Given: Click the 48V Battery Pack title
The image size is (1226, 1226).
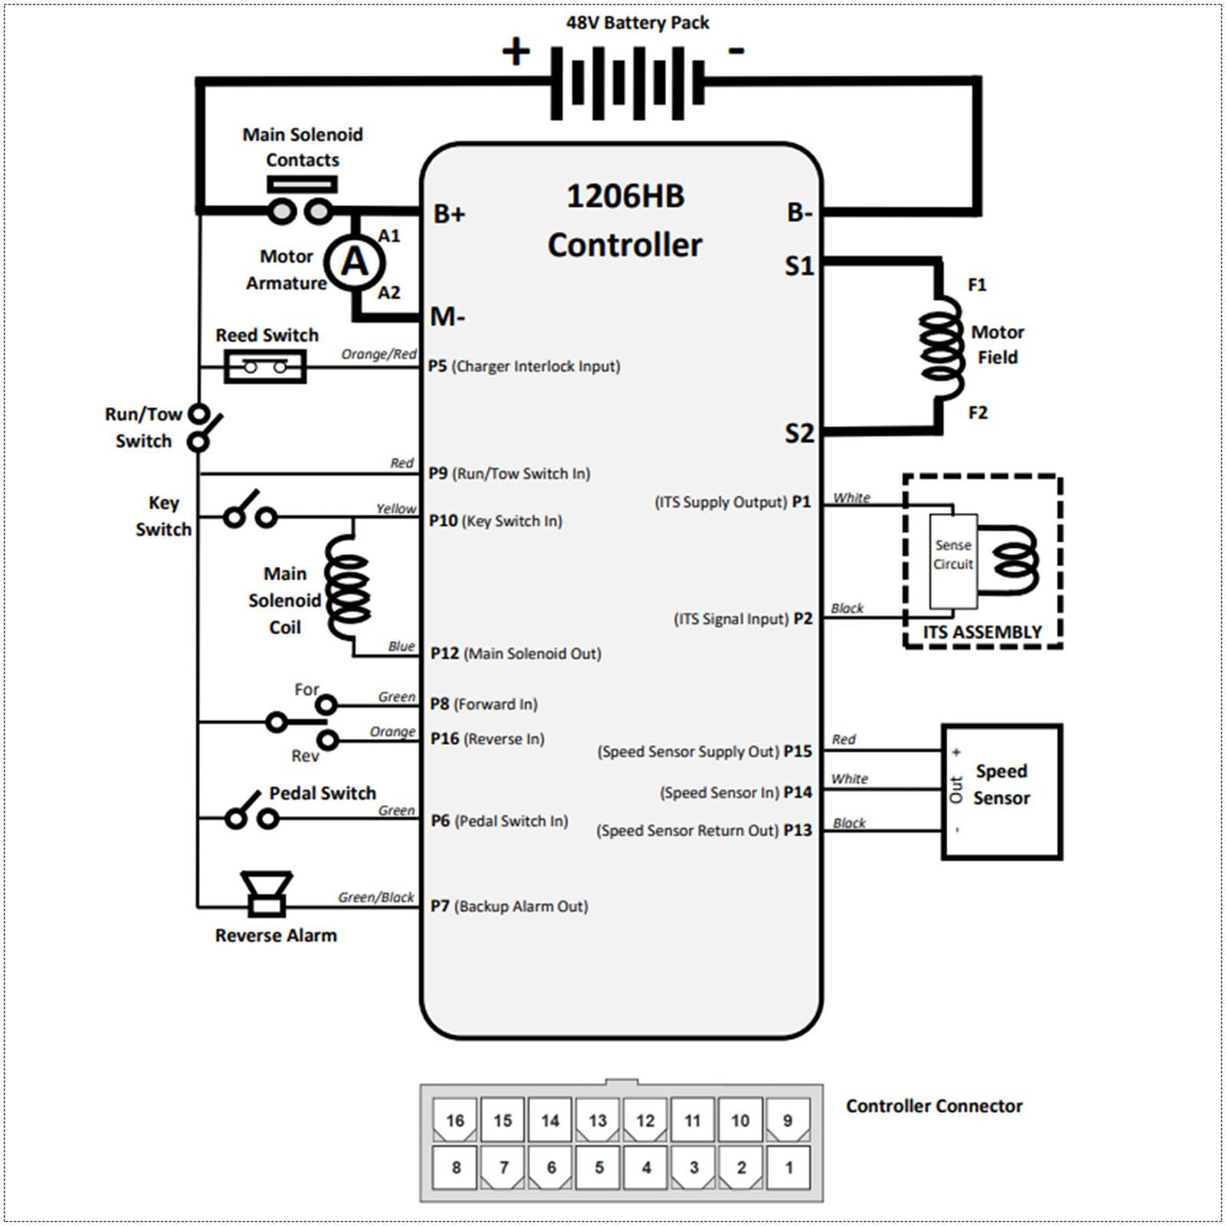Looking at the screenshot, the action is [638, 23].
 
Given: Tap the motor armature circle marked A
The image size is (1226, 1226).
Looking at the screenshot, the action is [354, 263].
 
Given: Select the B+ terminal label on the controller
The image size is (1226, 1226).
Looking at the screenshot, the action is [450, 213].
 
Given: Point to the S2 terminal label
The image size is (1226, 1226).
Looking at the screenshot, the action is [799, 434].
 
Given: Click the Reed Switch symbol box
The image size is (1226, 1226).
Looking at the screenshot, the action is [265, 367].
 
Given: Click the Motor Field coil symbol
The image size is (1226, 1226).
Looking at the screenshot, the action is [942, 349].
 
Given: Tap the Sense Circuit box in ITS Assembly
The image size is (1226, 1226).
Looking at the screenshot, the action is [953, 562].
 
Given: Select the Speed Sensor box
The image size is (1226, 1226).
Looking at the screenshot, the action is [1001, 792].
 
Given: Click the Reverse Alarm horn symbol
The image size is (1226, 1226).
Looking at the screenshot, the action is [266, 893].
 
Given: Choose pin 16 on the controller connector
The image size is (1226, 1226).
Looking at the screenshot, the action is [455, 1120].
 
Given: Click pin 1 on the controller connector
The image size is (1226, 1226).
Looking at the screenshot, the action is [788, 1168].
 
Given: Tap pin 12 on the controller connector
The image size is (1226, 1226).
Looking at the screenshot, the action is [645, 1120].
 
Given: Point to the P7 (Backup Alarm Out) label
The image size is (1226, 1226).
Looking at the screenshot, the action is [510, 906].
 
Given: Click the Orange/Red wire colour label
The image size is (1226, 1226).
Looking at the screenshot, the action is [379, 354].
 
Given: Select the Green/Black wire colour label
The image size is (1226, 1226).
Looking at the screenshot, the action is [376, 897].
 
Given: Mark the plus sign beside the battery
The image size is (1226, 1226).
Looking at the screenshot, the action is [516, 51].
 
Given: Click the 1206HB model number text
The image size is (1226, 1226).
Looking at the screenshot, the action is [625, 196].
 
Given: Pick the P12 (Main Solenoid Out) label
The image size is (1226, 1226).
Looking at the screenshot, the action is [516, 654].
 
